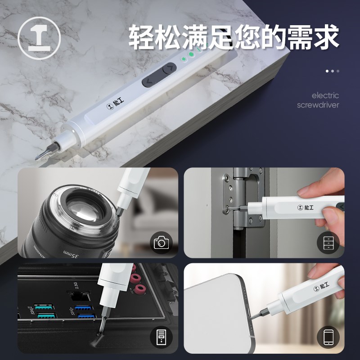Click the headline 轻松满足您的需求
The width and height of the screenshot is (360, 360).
pos(234,37)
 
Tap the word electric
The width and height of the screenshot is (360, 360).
pos(325,95)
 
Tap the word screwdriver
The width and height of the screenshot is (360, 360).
pos(318,105)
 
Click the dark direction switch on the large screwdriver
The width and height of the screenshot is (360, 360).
pos(159,75)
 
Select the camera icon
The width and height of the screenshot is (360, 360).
pos(161,243)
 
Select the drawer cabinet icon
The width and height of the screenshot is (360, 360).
pos(328,243)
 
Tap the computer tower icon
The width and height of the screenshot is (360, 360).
pos(161,337)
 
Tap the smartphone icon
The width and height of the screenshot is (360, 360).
pos(328,337)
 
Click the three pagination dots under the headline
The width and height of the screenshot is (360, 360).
pos(333,71)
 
